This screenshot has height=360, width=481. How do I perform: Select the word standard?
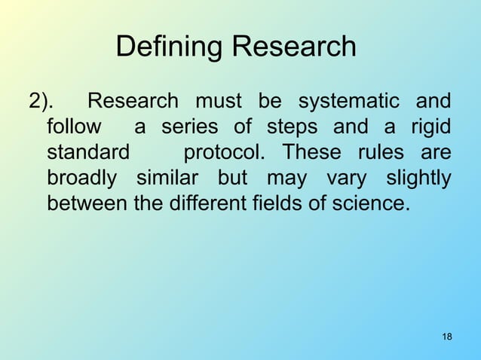[87, 152]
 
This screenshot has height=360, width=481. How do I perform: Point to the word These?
[311, 152]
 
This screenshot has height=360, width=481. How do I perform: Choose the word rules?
[384, 152]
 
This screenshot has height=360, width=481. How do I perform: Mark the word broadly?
[81, 178]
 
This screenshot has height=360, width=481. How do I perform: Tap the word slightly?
[418, 178]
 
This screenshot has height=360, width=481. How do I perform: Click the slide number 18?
[446, 336]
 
